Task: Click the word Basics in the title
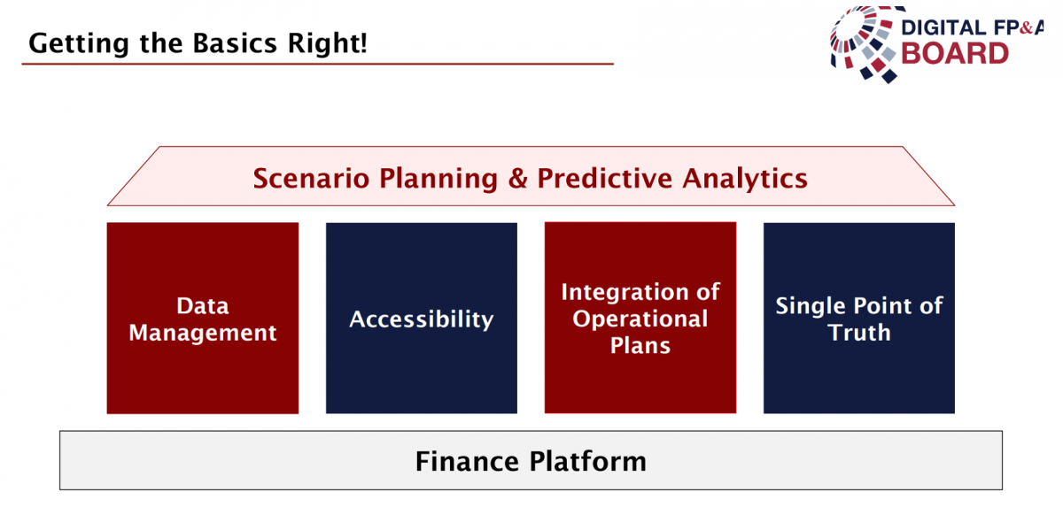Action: (235, 43)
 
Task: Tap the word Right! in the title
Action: (328, 44)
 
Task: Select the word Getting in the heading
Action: (79, 44)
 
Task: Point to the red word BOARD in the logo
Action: (955, 54)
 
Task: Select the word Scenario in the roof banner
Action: (311, 179)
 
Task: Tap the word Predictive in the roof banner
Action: (604, 179)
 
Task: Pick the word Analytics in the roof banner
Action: (745, 180)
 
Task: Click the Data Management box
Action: (203, 319)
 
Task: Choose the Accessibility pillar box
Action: (422, 319)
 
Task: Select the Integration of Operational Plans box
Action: (640, 318)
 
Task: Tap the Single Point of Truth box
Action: (859, 319)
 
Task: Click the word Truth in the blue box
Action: (859, 332)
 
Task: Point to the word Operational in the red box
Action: (640, 319)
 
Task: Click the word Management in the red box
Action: (203, 334)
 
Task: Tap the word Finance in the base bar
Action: (467, 461)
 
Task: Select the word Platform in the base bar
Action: (588, 461)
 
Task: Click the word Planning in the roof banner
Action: (438, 180)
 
